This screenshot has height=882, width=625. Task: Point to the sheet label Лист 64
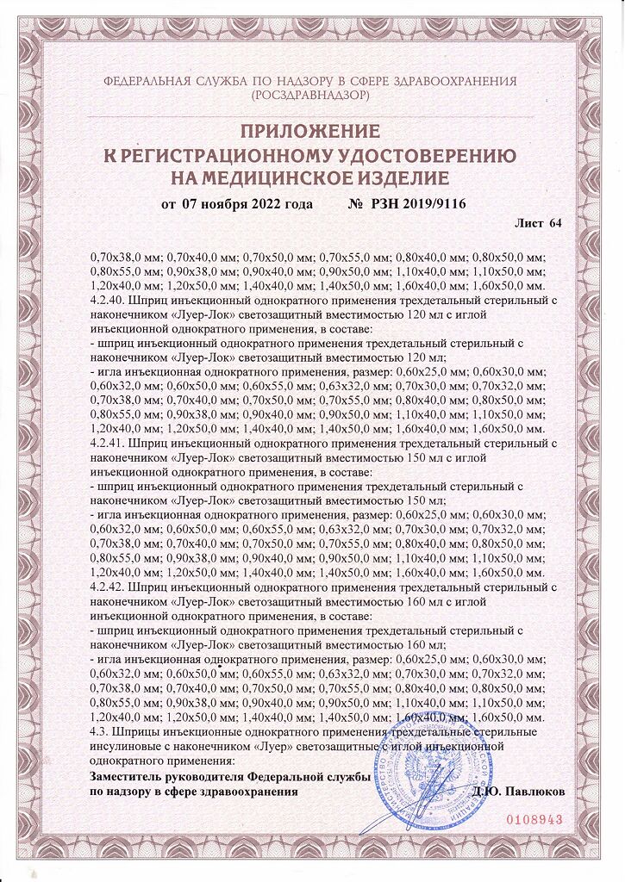[538, 224]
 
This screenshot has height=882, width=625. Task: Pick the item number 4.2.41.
[107, 442]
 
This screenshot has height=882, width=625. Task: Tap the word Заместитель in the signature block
[125, 777]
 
